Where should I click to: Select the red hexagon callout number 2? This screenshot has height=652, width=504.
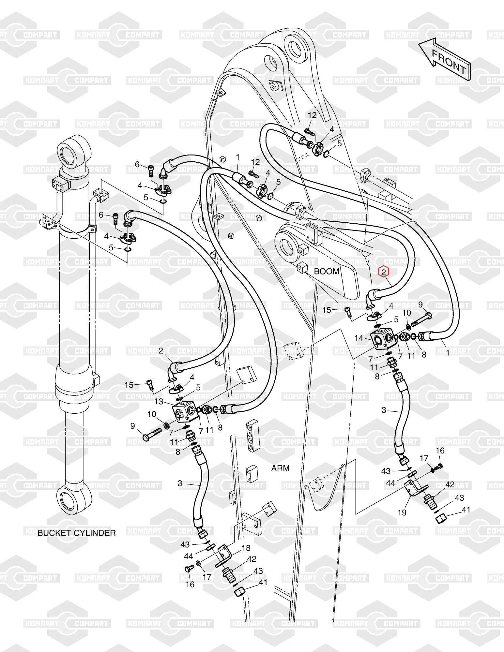(x=384, y=271)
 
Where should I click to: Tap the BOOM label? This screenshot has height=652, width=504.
(x=327, y=271)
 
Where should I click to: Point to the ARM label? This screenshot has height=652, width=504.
(x=281, y=468)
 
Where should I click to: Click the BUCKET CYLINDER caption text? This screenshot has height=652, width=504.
(x=77, y=533)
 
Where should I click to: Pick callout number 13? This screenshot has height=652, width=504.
(x=159, y=402)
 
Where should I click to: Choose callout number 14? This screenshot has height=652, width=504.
(x=359, y=338)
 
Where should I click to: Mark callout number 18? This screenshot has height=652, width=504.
(x=246, y=548)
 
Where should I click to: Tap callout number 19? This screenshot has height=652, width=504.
(x=402, y=513)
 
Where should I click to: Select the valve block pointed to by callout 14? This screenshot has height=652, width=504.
(x=384, y=340)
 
